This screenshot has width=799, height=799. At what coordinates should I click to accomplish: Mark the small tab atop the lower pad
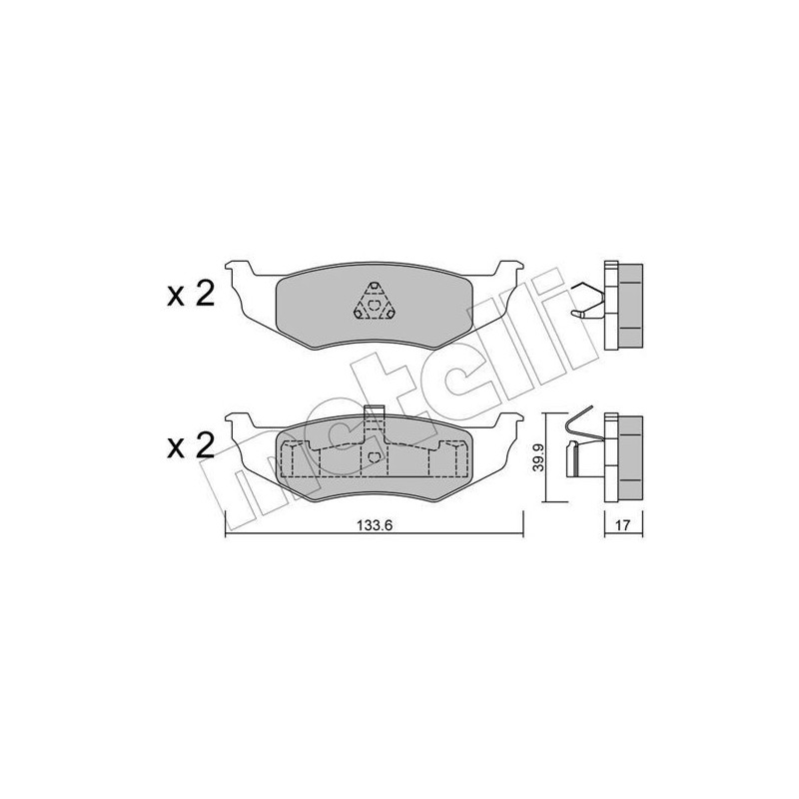coord(375,413)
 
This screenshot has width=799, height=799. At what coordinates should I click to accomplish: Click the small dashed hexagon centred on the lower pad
coord(375,457)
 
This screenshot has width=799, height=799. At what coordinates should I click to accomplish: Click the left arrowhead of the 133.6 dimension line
coord(229,535)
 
